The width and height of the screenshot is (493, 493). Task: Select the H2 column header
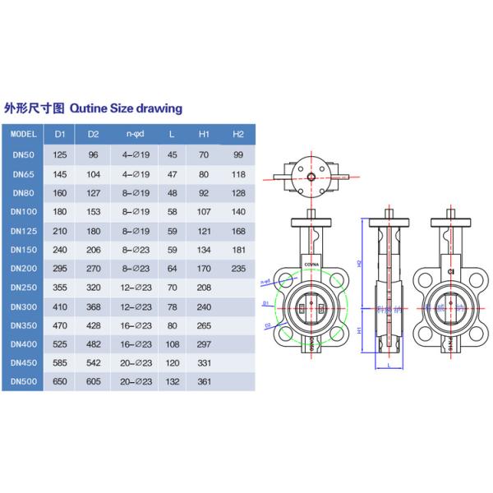tap(238, 134)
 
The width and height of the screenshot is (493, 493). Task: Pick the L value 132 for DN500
tap(172, 383)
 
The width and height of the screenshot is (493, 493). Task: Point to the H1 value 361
tap(205, 383)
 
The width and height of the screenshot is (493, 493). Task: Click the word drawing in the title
tap(161, 108)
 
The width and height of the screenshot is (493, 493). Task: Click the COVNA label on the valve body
tap(313, 265)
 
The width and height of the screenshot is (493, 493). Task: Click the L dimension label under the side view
tap(387, 367)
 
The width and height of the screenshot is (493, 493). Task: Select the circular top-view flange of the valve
tap(313, 174)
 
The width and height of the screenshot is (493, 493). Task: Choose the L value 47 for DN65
tap(172, 174)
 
